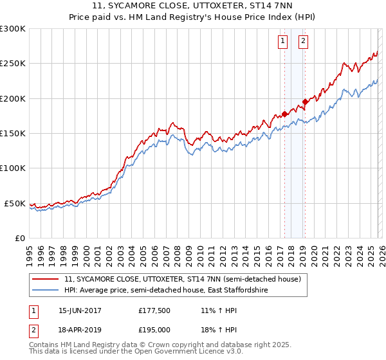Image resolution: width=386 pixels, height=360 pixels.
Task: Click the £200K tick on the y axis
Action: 13,98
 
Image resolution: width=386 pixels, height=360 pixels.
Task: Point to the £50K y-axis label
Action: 15,203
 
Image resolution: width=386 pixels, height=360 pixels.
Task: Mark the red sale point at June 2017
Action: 284,114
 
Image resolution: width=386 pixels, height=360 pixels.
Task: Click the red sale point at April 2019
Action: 305,102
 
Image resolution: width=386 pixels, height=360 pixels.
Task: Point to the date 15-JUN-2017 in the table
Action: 80,310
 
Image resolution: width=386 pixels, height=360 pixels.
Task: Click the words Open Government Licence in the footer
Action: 187,352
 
